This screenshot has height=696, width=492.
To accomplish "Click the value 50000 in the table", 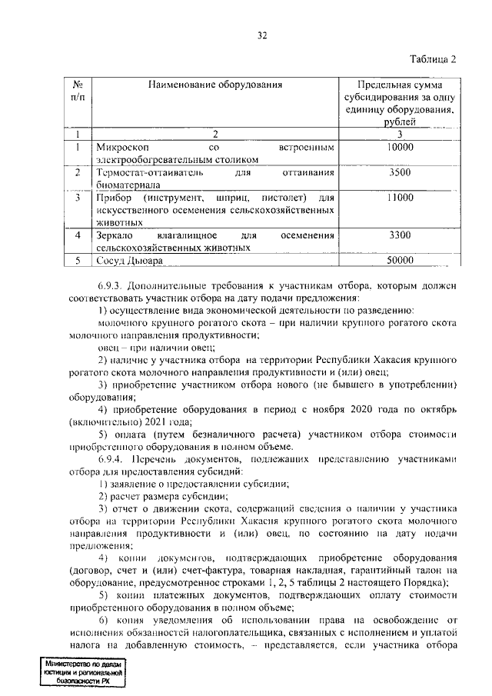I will click(400, 261).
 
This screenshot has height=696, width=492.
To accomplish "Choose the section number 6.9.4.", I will click(114, 458).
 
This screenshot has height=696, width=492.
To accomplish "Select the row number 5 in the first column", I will click(78, 261).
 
